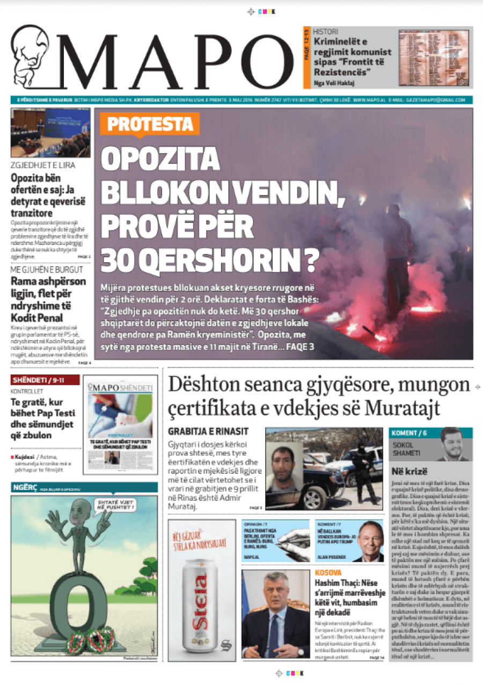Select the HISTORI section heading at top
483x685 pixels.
coord(326,32)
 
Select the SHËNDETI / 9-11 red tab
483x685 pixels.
coord(45,380)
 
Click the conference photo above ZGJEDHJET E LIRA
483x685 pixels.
coord(50,133)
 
